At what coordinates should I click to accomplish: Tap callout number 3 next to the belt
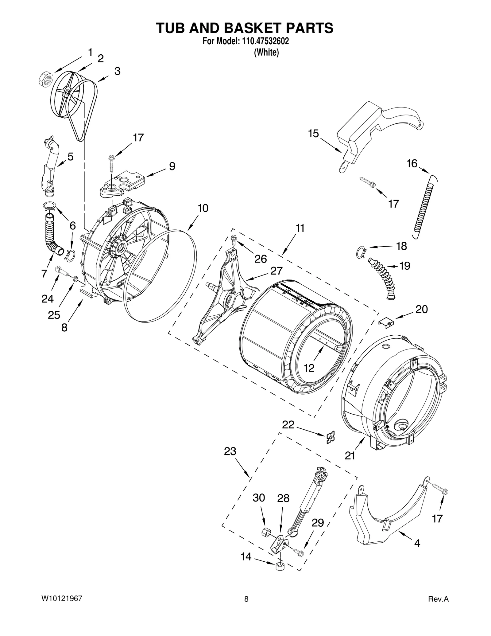pos(117,71)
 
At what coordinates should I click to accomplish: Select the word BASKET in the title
pos(245,28)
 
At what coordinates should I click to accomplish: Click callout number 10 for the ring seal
pos(203,208)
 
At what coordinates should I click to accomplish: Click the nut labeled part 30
pos(266,532)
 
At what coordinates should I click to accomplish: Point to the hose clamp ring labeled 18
pos(360,251)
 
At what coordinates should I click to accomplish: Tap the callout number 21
pos(350,455)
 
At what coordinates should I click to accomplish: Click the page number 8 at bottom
pos(246,599)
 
